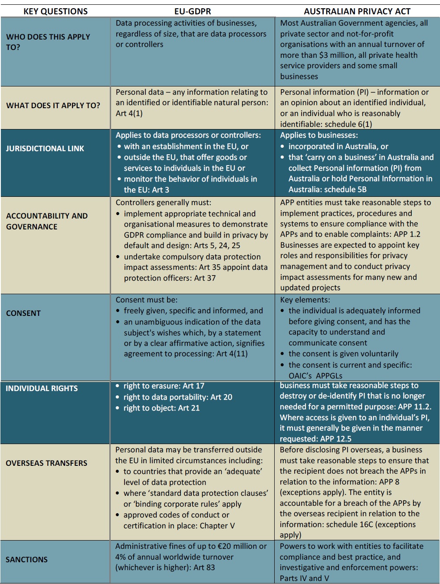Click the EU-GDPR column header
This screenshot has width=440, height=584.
coord(193,11)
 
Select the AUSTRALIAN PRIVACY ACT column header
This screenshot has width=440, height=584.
coord(357,11)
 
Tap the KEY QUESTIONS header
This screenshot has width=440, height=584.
coord(55,11)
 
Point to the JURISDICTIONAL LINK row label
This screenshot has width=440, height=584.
coord(45,149)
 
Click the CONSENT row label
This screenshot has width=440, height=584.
coord(23,313)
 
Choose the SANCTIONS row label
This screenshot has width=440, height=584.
coord(26,560)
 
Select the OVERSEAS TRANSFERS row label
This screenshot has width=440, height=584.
coord(46,463)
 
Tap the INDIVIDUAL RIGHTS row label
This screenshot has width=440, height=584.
coord(42,388)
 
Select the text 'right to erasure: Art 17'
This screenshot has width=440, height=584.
coord(164,386)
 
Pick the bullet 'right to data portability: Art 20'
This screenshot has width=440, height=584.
coord(177,397)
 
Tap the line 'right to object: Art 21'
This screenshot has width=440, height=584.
coord(161,408)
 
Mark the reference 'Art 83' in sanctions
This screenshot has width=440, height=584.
coord(204,567)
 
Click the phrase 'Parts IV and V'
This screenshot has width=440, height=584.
coord(304,578)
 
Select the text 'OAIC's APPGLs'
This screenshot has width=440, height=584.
coord(315,376)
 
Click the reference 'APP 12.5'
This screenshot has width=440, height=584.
coord(334,439)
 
